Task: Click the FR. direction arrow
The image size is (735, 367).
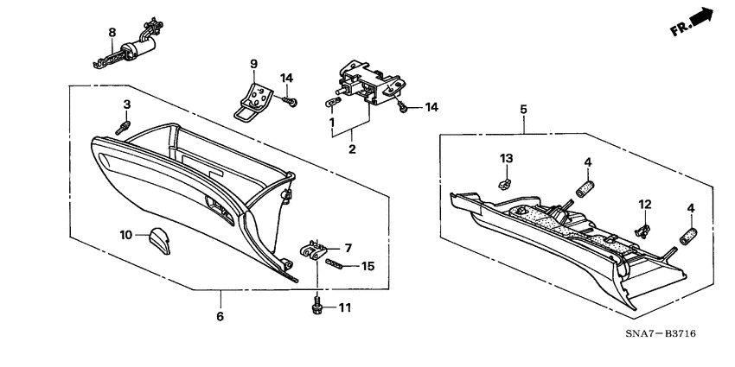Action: click(695, 23)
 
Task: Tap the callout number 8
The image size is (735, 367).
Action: click(112, 34)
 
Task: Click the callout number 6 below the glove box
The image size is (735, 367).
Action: click(220, 317)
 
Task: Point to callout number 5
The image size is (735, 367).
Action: click(523, 110)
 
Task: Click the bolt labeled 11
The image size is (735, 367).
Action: click(318, 306)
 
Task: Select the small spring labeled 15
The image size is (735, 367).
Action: click(342, 266)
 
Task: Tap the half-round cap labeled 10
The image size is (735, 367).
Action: click(158, 237)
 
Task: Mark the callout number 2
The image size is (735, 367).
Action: click(352, 149)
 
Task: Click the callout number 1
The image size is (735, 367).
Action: click(331, 122)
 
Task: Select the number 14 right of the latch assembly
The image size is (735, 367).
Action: click(431, 107)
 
